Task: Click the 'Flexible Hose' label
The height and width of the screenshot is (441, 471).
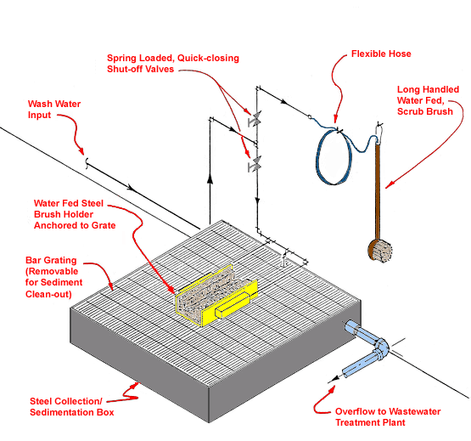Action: click(381, 54)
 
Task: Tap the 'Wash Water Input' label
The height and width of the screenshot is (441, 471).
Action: click(54, 110)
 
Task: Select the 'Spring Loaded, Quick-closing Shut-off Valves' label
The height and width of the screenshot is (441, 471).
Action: click(173, 64)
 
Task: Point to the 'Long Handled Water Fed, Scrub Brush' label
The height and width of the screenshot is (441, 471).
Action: click(428, 100)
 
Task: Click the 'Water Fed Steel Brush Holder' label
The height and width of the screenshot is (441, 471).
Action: click(75, 214)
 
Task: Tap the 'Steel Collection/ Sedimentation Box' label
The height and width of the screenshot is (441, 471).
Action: click(72, 407)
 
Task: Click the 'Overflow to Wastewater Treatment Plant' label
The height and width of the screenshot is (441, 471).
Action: click(388, 416)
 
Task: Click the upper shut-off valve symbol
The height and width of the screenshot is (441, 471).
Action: click(255, 119)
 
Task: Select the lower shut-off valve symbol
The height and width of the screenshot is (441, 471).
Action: click(255, 164)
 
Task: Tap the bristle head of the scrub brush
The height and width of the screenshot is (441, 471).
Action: click(380, 251)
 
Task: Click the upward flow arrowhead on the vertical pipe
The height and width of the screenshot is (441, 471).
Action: click(210, 178)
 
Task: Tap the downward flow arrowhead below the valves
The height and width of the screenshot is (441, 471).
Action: click(257, 201)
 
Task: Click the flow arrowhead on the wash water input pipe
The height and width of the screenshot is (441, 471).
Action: click(131, 187)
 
